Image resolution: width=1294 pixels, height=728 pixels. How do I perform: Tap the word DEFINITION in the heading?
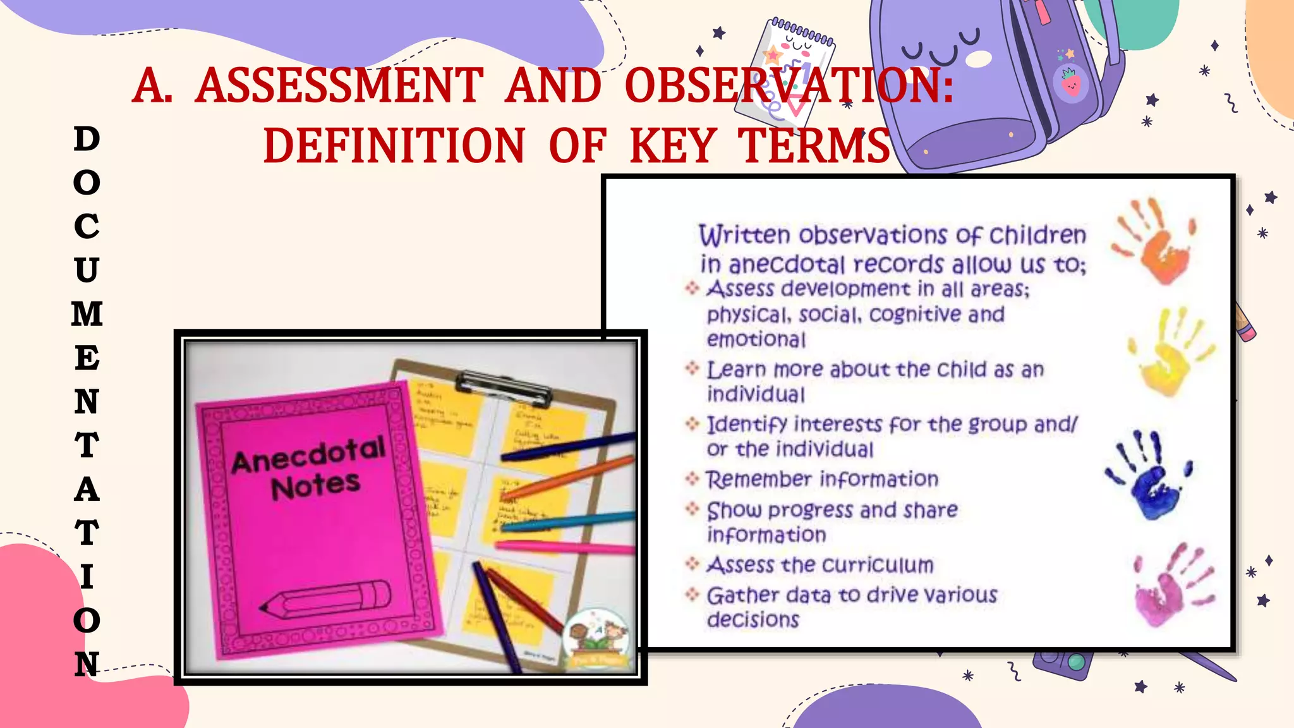pos(394,146)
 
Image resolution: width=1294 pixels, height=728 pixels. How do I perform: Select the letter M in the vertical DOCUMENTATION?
pos(87,314)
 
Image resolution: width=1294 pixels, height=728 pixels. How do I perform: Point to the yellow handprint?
pos(1170,351)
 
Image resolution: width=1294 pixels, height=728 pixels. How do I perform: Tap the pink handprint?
pos(1173,585)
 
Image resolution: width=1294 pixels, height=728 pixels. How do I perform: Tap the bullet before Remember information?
pos(692,479)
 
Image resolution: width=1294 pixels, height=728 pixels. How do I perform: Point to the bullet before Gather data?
pos(692,595)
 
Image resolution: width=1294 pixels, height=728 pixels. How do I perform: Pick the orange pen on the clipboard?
pos(569,478)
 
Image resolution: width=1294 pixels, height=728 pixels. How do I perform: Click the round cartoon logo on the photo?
pos(596,638)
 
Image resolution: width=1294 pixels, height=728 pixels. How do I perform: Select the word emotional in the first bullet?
pos(756,340)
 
